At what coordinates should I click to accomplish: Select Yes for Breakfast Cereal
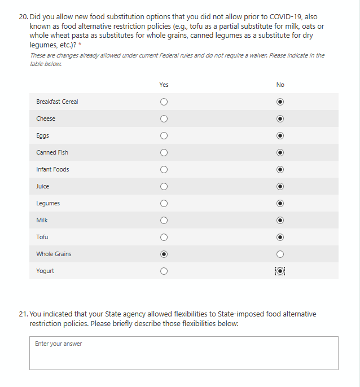tap(164, 102)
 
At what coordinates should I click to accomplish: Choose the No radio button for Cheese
tap(280, 119)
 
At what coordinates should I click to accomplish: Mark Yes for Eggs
tap(164, 136)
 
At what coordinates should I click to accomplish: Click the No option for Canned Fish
tap(280, 153)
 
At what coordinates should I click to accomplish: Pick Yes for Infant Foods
tap(164, 170)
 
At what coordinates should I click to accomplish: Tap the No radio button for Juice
tap(280, 187)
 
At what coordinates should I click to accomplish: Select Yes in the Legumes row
tap(164, 204)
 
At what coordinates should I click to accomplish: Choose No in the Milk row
tap(280, 221)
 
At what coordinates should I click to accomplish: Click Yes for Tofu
tap(164, 238)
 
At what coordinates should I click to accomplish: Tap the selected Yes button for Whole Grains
tap(164, 254)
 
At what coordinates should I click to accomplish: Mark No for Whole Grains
tap(280, 254)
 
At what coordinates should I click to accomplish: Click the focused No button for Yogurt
tap(280, 271)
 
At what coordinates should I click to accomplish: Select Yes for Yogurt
tap(164, 271)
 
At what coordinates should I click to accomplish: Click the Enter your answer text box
tap(183, 353)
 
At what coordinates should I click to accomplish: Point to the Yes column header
tap(164, 85)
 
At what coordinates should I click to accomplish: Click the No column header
tap(280, 85)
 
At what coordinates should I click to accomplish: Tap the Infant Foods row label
tap(52, 169)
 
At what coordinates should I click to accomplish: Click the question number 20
tap(23, 17)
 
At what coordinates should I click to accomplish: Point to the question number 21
tap(23, 314)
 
